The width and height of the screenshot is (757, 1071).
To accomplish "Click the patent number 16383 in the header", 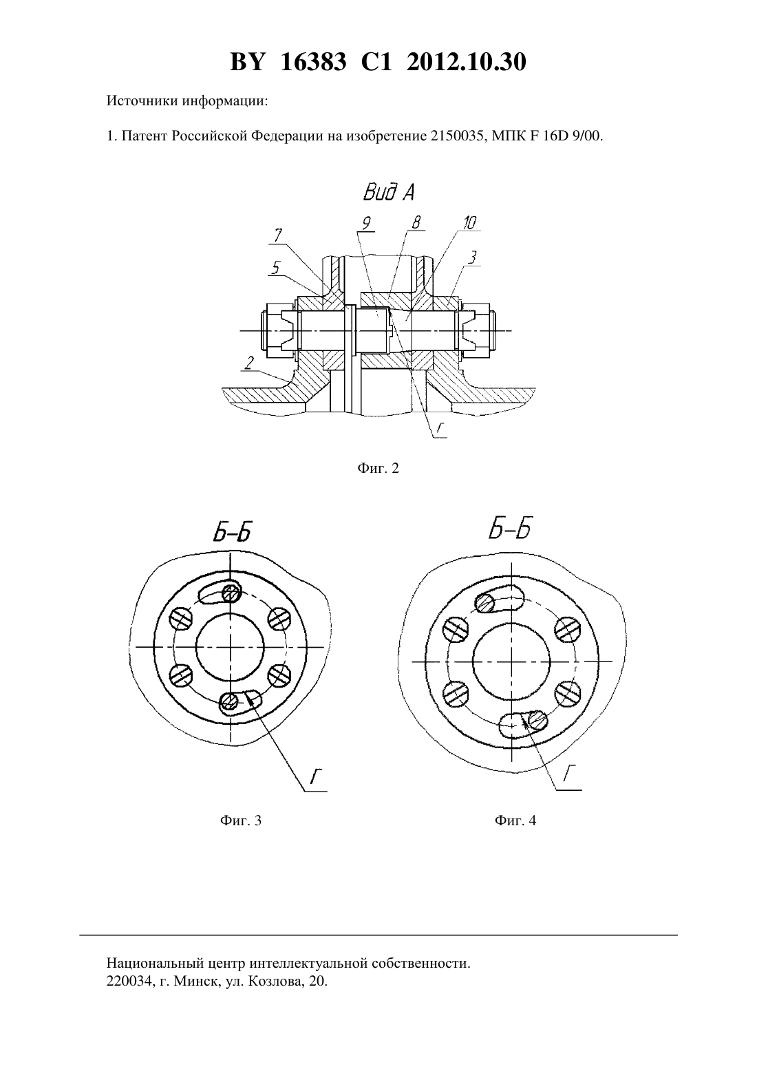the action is tap(313, 62).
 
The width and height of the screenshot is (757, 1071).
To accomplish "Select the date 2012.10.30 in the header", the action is tap(467, 62).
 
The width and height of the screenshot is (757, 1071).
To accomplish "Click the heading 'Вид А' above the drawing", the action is tap(389, 193).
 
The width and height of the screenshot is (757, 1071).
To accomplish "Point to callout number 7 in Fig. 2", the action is tap(278, 235).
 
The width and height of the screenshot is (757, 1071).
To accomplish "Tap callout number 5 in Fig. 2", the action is tap(276, 268).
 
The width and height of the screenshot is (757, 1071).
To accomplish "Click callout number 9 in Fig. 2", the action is tap(367, 223).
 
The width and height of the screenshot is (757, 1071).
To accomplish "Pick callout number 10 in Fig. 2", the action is tap(469, 223).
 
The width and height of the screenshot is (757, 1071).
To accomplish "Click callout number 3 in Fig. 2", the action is tap(472, 257).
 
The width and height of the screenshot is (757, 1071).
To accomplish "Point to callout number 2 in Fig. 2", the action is tap(248, 363).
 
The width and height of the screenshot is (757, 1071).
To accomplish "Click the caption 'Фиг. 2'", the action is tap(378, 468).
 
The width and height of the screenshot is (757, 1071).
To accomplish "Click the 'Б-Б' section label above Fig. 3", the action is tap(233, 532).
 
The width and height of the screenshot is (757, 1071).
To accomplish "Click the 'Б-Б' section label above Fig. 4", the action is tap(510, 529).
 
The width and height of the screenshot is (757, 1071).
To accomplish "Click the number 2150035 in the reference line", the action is tap(456, 136).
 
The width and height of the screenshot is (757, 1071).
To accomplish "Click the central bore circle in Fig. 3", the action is tap(196, 647).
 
